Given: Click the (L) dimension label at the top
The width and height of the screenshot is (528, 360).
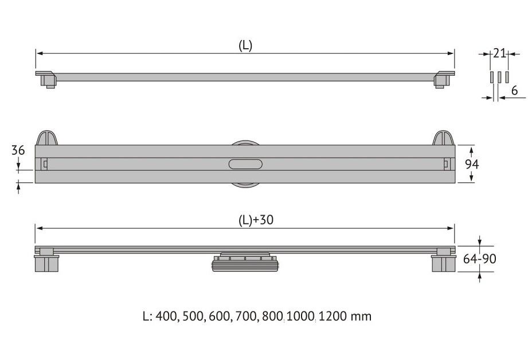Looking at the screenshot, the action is coord(245,45).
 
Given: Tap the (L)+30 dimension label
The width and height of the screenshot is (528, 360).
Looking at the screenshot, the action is coord(256,220).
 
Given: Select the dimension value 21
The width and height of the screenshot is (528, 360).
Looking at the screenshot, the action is coord(499,53).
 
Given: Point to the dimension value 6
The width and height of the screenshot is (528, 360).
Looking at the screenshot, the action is coord(514,90).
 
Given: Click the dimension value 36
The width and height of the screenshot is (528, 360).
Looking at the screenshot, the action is coord(18,150).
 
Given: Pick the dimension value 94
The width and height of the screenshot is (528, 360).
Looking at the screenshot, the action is coord(472,164).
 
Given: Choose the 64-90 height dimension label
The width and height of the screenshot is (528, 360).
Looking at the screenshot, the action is coord(479,259).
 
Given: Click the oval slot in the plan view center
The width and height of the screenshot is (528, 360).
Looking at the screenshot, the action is coord(245,164).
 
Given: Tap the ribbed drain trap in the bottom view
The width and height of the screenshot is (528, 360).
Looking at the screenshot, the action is coord(245,261).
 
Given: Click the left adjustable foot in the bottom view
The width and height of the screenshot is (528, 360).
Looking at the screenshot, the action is coord(46,260).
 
